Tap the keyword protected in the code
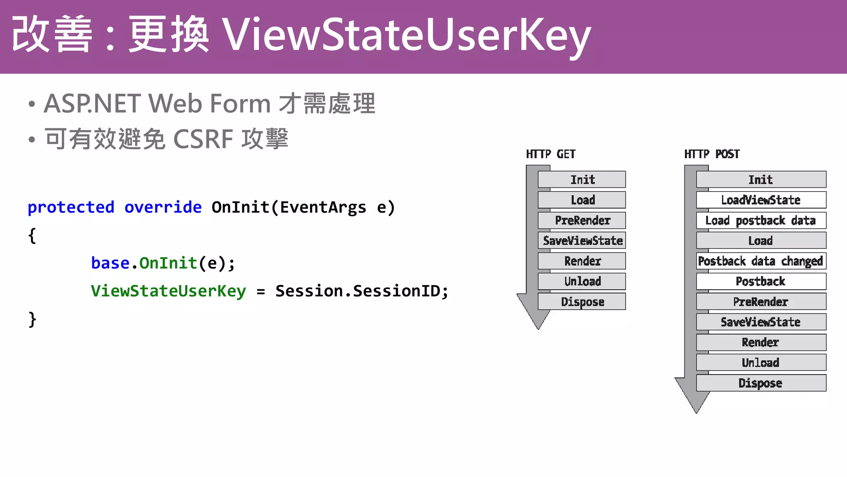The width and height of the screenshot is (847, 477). point(71,207)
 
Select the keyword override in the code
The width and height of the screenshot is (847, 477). point(163,207)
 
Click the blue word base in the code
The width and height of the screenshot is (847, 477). point(110,263)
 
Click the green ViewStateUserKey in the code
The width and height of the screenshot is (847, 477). point(168,291)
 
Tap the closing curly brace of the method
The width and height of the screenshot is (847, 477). point(32,320)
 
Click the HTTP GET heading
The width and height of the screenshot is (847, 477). point(550,154)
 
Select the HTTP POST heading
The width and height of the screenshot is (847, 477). point(712,154)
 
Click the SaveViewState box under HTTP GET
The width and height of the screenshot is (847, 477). point(582,241)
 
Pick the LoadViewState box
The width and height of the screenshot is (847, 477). point(761,200)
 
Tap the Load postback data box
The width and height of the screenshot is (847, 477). point(761,220)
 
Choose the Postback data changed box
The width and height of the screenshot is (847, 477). point(761,261)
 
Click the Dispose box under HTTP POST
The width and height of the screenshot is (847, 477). point(761,383)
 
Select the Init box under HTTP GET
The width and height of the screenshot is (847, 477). point(582,180)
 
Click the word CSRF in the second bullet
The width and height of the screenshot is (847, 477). point(203,139)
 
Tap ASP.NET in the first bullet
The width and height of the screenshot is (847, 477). point(93,104)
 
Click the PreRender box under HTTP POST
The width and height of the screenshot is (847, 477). point(761,301)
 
